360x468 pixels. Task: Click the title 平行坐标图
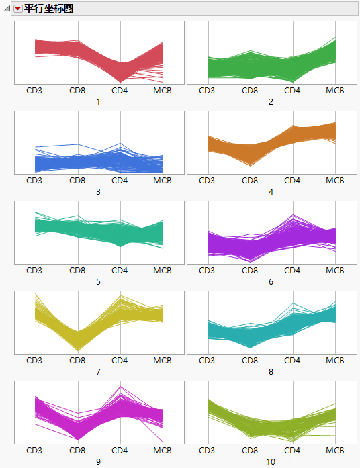click(x=48, y=9)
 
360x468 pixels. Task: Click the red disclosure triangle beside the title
click(x=18, y=9)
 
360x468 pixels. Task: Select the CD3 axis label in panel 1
click(x=34, y=90)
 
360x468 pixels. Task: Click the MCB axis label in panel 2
click(x=335, y=90)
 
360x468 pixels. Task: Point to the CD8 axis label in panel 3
click(x=78, y=180)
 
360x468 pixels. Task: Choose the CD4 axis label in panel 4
click(x=292, y=180)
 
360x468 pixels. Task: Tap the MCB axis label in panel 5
click(x=163, y=270)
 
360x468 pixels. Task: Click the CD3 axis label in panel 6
click(x=207, y=270)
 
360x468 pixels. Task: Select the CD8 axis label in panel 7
click(x=78, y=360)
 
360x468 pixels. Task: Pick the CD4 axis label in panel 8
click(x=292, y=360)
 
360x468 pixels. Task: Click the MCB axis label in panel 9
click(x=163, y=450)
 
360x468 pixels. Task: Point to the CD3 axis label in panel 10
click(x=207, y=450)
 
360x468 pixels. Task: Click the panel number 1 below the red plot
click(x=98, y=101)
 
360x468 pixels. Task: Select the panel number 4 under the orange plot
click(x=271, y=191)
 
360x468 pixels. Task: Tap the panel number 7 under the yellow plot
click(x=98, y=371)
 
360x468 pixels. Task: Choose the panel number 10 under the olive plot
click(x=271, y=461)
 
